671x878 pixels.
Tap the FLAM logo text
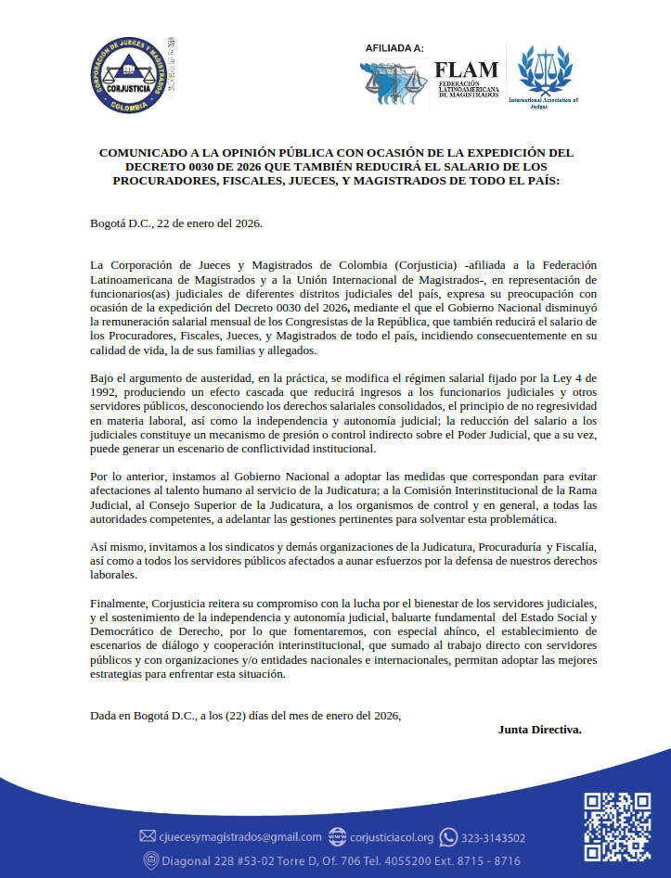[x=467, y=70]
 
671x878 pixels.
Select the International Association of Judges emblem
[x=544, y=74]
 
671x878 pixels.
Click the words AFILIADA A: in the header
[x=394, y=48]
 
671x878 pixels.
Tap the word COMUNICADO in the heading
[x=146, y=153]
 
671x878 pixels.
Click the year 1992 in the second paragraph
[x=106, y=393]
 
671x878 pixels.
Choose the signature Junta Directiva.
[x=539, y=729]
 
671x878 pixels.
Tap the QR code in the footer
[x=616, y=826]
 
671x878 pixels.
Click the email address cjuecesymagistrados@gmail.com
[x=227, y=837]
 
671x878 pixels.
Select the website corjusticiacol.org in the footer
[x=392, y=837]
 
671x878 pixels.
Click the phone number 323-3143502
[x=493, y=837]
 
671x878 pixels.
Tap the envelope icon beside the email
[x=148, y=837]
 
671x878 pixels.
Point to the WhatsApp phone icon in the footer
[x=448, y=837]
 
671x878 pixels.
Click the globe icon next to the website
[x=337, y=837]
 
